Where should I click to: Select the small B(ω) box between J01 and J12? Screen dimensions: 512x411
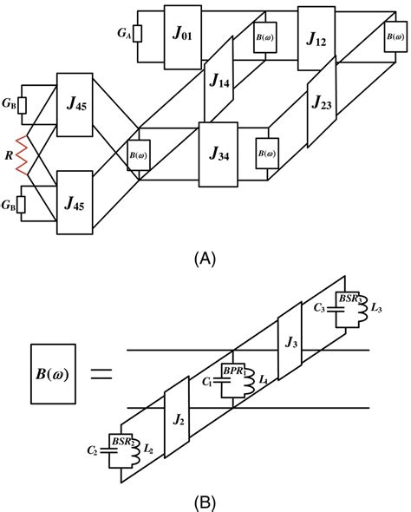pyautogui.click(x=263, y=37)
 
